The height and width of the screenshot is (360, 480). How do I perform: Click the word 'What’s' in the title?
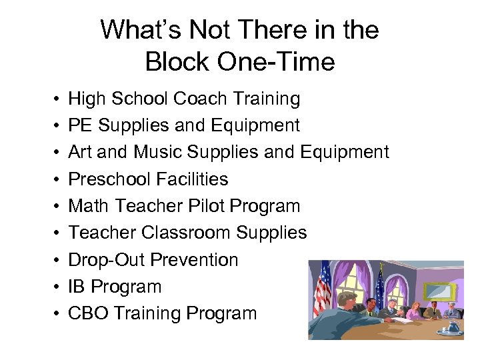pos(141,30)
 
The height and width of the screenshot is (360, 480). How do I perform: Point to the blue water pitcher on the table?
pos(455,325)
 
